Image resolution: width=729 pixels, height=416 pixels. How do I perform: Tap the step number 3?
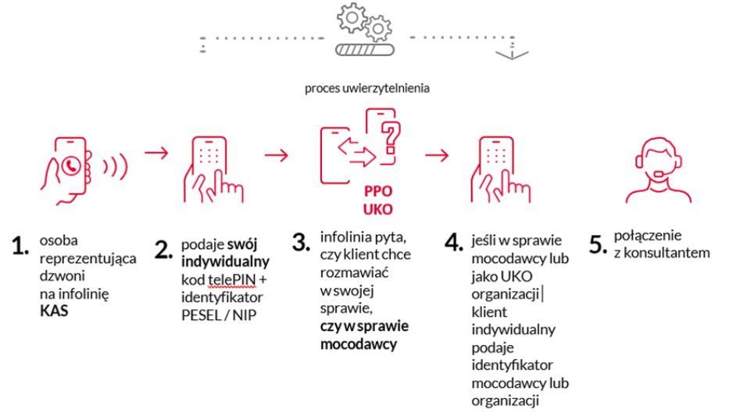click(x=302, y=242)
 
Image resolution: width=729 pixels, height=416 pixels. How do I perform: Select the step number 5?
click(x=598, y=244)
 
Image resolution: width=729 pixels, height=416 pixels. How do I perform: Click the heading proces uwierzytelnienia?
click(x=367, y=88)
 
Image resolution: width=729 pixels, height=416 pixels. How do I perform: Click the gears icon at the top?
click(x=363, y=23)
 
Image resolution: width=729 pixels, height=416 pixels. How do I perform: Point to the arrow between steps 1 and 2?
click(x=156, y=152)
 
